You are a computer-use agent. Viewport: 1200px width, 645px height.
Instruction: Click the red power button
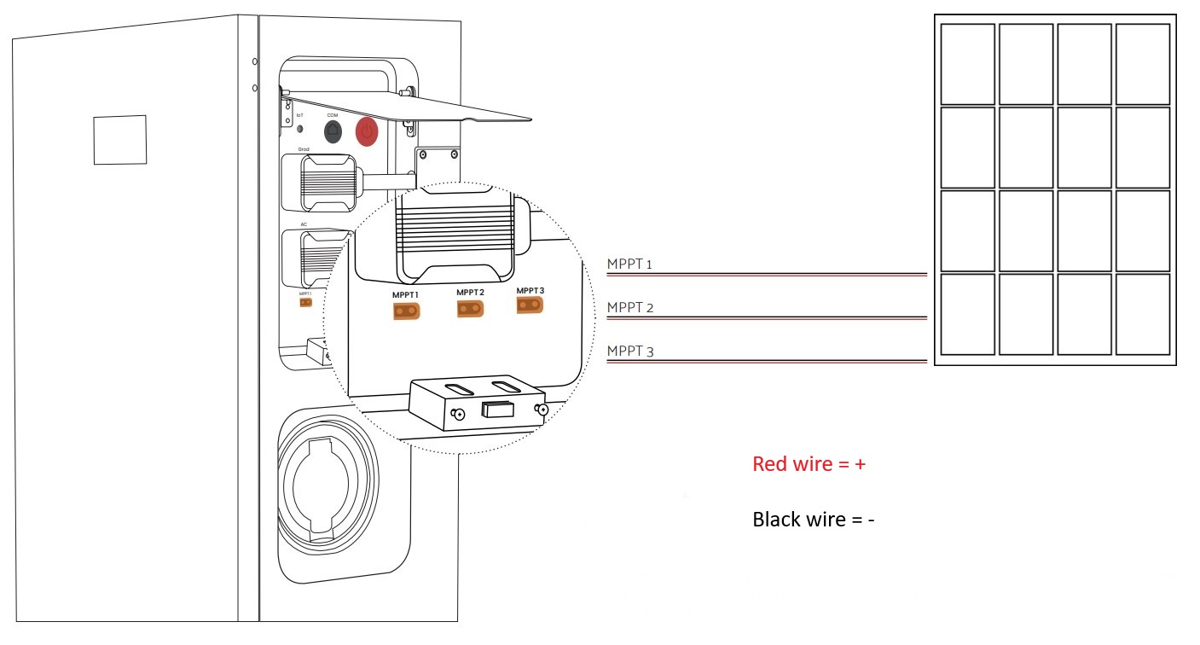(367, 131)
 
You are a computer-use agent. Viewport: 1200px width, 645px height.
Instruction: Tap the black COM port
(333, 131)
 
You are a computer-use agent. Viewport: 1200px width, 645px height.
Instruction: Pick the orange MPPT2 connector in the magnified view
(470, 309)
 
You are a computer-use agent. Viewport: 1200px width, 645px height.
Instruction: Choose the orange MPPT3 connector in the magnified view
(530, 305)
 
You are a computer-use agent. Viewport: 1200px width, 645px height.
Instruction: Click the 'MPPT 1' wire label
(629, 264)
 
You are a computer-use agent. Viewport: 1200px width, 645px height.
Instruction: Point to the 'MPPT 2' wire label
(629, 307)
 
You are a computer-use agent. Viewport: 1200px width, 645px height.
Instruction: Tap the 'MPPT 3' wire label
(629, 351)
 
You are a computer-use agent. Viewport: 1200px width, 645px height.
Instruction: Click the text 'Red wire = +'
(809, 464)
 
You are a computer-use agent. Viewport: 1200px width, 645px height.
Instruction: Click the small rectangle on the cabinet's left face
(119, 139)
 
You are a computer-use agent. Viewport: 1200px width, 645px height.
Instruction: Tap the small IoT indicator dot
(299, 129)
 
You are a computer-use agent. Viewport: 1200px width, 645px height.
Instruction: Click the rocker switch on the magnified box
(497, 410)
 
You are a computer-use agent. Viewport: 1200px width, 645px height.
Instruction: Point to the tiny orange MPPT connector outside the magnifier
(304, 301)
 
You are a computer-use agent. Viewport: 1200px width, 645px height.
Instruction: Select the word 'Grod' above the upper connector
(304, 148)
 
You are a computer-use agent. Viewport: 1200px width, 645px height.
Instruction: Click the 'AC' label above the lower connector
(304, 224)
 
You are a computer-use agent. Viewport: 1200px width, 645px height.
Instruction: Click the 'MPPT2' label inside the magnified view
(470, 293)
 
